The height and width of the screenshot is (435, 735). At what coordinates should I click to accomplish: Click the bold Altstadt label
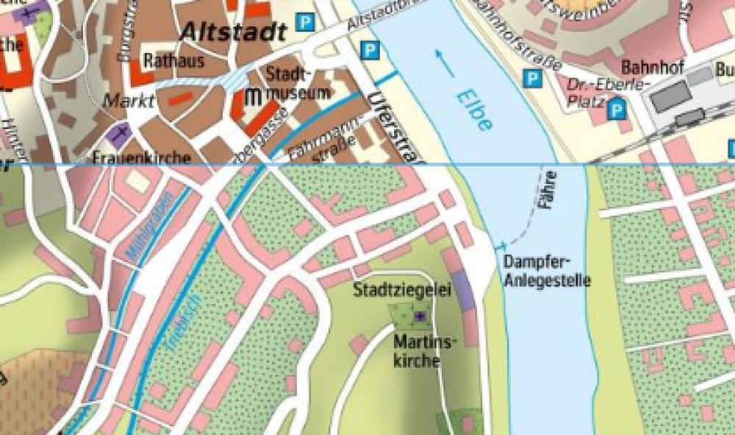pyautogui.click(x=232, y=32)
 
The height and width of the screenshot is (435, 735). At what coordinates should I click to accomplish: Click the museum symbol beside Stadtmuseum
pyautogui.click(x=254, y=96)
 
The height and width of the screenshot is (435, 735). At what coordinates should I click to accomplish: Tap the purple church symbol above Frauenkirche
pyautogui.click(x=118, y=134)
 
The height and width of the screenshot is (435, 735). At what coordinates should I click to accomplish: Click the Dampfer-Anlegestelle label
pyautogui.click(x=548, y=270)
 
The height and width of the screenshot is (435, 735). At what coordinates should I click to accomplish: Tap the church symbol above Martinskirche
pyautogui.click(x=420, y=316)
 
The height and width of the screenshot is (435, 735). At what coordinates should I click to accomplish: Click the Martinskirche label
pyautogui.click(x=417, y=351)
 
